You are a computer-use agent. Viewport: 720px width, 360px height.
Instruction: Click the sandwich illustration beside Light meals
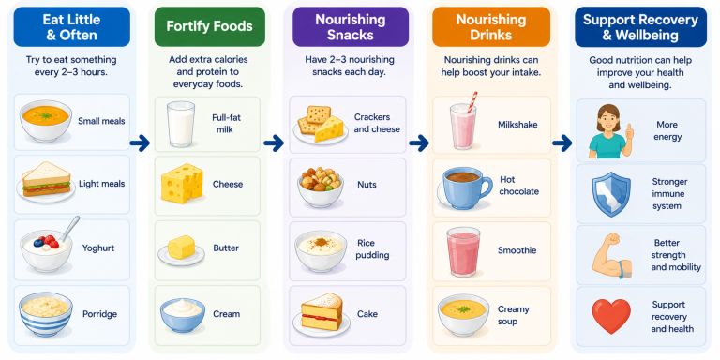coord(46,180)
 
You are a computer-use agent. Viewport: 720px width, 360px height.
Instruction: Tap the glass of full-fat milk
coord(181,124)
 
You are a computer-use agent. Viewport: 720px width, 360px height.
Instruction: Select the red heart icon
coord(611,316)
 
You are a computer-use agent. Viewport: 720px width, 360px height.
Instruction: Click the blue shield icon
coord(611,194)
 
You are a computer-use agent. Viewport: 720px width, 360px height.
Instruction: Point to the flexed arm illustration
coord(611,255)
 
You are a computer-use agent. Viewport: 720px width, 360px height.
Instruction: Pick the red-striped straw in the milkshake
coord(472,101)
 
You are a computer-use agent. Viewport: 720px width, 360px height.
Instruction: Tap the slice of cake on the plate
coord(322,312)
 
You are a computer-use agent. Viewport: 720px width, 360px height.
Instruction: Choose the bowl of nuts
coord(321,187)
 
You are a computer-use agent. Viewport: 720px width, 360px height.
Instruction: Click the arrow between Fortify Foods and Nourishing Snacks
coord(274,143)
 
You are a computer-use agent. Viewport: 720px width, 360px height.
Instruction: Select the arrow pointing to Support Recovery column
coord(562,143)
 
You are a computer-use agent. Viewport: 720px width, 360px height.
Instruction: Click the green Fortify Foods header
coord(209,26)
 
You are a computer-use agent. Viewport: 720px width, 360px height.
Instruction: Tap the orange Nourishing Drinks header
coord(491,26)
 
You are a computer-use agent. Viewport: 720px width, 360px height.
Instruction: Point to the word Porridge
coord(99,314)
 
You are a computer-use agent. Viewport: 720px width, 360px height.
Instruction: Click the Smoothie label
coord(517,250)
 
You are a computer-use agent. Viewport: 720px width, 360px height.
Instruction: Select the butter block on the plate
coord(181,247)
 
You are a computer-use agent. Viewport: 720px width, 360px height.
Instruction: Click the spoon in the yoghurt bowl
coord(69,228)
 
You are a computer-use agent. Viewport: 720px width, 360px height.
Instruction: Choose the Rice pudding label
coord(373,248)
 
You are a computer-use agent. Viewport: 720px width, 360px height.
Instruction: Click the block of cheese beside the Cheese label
coord(182,182)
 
